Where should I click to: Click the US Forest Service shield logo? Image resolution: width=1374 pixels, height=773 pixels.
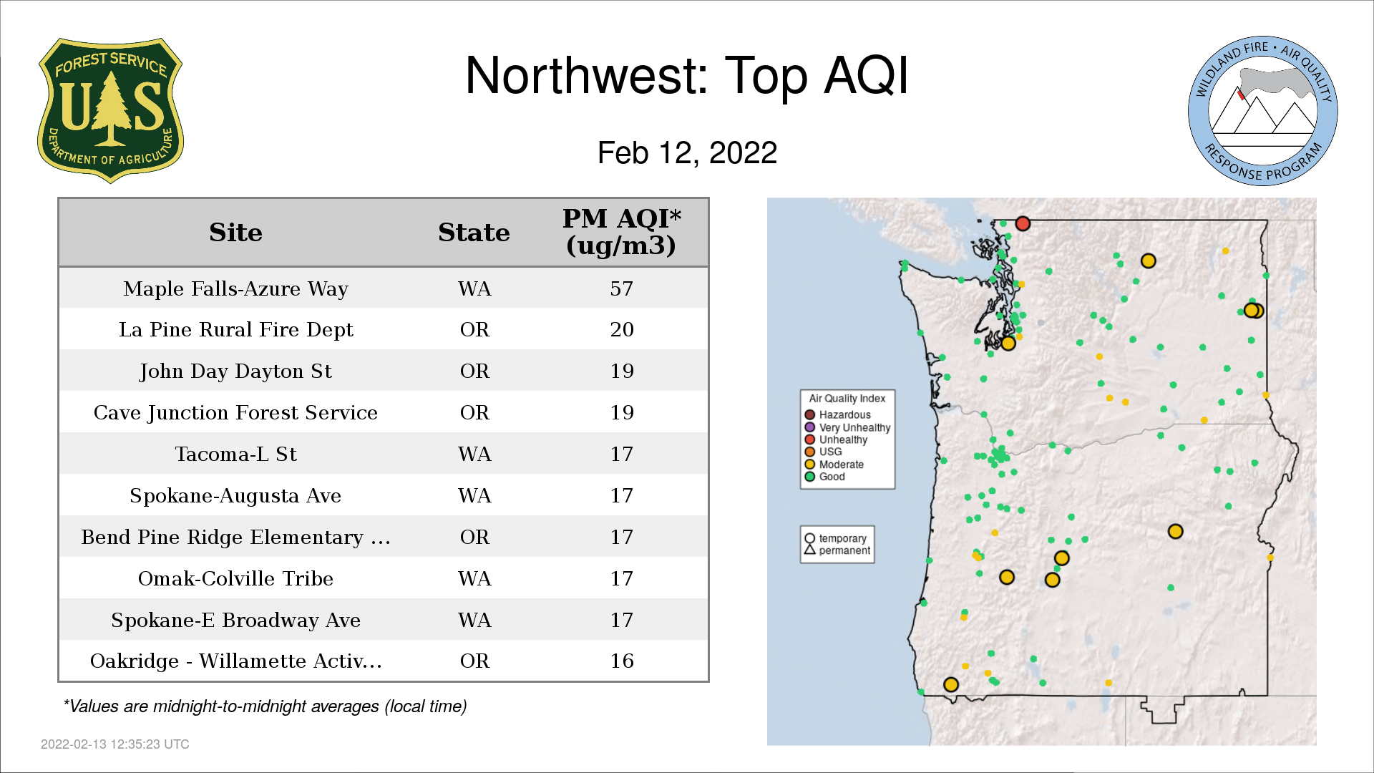pos(110,111)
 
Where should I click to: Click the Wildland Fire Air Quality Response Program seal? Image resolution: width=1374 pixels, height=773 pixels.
pos(1262,111)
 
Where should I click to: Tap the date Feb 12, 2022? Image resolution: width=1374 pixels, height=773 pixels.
pos(687,152)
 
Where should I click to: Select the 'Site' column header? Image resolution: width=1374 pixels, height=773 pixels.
pos(235,233)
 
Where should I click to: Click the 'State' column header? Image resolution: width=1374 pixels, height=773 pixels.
pos(474,233)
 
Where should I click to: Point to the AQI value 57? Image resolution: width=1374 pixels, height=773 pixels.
pos(621,288)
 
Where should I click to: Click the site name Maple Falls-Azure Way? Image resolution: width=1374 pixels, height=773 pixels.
pos(235,288)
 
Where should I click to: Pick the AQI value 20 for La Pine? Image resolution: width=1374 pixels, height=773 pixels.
pos(621,329)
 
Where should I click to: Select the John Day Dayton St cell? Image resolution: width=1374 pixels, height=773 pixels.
pos(235,371)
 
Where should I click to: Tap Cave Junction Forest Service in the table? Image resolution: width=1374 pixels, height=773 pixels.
pos(235,412)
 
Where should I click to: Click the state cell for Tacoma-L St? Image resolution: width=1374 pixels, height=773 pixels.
pos(474,454)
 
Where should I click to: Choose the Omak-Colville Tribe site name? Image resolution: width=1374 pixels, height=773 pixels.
pos(235,578)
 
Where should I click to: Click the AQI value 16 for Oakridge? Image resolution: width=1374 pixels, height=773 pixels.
pos(621,661)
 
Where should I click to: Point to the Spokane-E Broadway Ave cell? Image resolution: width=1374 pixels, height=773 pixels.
pos(235,620)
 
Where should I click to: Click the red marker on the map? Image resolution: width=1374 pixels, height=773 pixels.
pos(1023,223)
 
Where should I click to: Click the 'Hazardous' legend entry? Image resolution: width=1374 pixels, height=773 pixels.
pos(837,414)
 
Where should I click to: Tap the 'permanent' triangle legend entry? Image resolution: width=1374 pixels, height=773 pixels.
pos(837,550)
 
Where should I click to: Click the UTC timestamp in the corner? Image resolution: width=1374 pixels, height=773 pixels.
pos(115,744)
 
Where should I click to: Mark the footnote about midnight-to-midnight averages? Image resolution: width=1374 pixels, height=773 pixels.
pos(265,706)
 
